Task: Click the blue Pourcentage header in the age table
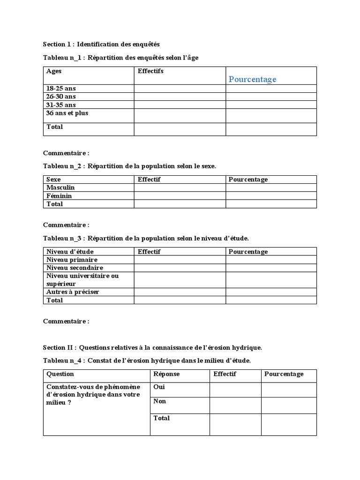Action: tap(252, 79)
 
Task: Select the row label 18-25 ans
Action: tap(60, 88)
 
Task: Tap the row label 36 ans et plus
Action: tap(67, 113)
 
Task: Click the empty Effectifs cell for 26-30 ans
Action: tap(180, 96)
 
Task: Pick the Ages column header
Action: tap(54, 71)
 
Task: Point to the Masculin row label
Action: tap(60, 187)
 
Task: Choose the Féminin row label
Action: tap(59, 196)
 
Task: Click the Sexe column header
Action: tap(53, 180)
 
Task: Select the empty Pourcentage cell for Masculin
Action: tap(271, 187)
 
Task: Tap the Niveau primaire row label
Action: tap(72, 260)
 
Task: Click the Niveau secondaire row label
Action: tap(75, 268)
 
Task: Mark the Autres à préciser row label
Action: tap(73, 292)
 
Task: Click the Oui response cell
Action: tap(159, 387)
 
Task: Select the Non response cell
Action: tap(159, 401)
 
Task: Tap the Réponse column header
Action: tap(166, 374)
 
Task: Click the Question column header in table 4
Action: tap(60, 374)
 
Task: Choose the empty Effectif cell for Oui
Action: tap(235, 389)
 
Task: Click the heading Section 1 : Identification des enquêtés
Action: tap(101, 44)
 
